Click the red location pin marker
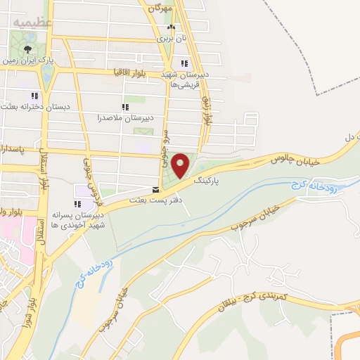pyautogui.click(x=181, y=165)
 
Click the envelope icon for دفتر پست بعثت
pyautogui.click(x=155, y=189)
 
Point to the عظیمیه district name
pyautogui.click(x=32, y=22)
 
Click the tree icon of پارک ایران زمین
pyautogui.click(x=27, y=49)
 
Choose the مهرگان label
pyautogui.click(x=159, y=8)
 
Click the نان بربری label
pyautogui.click(x=169, y=39)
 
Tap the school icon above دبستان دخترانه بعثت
pyautogui.click(x=33, y=96)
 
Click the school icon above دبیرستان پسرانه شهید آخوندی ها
pyautogui.click(x=77, y=204)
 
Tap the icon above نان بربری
pyautogui.click(x=169, y=27)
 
